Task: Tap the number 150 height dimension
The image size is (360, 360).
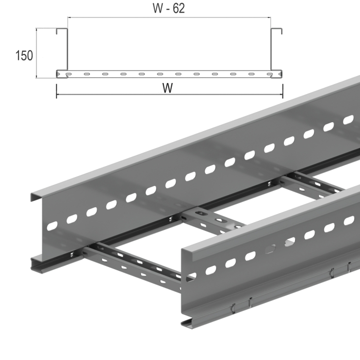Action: (24, 55)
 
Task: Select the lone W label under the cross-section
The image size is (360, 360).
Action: (168, 88)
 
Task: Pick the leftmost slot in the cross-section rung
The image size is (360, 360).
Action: (68, 74)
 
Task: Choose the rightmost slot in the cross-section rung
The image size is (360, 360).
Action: (270, 74)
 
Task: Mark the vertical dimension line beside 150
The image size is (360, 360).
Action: (37, 52)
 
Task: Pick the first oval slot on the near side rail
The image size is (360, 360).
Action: (210, 270)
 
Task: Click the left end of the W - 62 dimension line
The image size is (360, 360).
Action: (67, 17)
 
